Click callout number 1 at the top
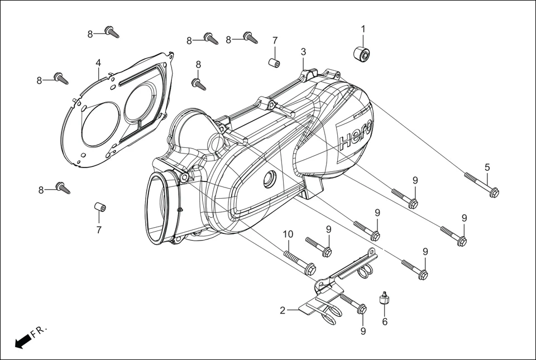click(363, 28)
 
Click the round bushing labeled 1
click(362, 54)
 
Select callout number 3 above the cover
click(303, 52)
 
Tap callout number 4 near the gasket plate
click(98, 62)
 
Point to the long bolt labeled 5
click(481, 185)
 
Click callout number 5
click(487, 167)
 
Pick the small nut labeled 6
click(384, 299)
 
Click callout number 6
click(384, 321)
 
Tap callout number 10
click(288, 234)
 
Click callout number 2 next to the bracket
click(283, 310)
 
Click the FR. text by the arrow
click(39, 332)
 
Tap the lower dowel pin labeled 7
click(99, 208)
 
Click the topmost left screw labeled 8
click(112, 32)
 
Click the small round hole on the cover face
click(270, 180)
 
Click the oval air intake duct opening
click(157, 208)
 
